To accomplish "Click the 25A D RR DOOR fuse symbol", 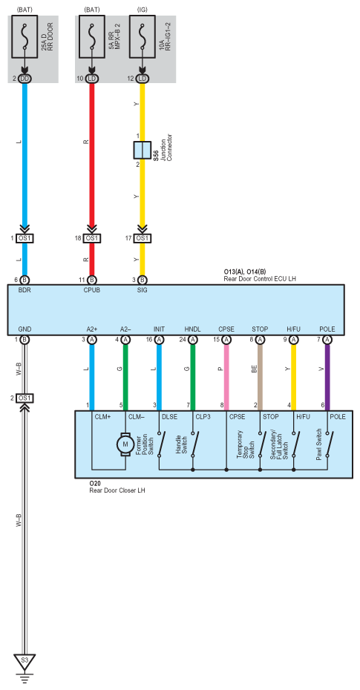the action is pos(24,36).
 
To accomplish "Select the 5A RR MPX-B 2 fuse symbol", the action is pos(91,36).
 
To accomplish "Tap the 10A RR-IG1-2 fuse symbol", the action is pos(143,36).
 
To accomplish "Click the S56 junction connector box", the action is pos(143,150).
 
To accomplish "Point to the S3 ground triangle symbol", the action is pos(24,661).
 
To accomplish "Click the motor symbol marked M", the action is pos(125,444).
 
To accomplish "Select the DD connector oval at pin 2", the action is pos(24,79).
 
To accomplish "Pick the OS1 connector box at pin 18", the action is pos(91,238).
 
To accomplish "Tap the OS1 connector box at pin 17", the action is pos(143,238).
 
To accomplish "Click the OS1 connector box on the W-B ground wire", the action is pos(24,398).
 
